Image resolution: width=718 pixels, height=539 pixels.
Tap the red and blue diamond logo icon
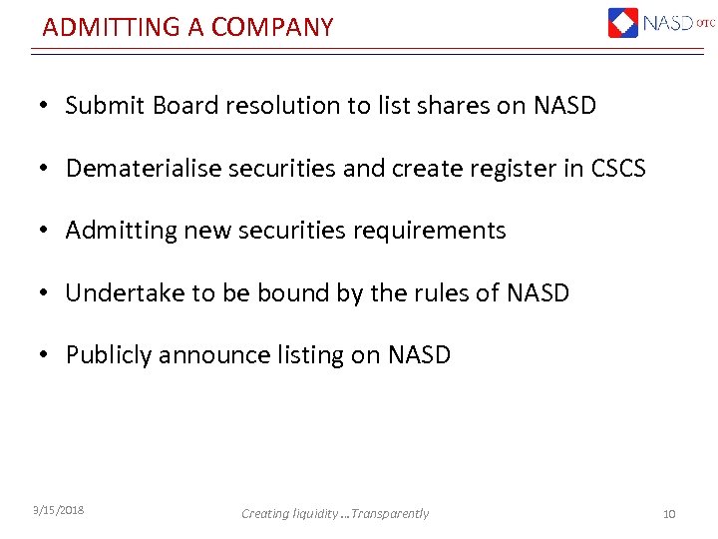tap(622, 22)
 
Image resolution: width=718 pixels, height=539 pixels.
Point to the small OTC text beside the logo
tap(705, 23)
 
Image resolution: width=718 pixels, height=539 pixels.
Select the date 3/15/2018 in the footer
tap(58, 510)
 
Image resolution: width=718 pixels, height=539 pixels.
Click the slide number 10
tap(668, 513)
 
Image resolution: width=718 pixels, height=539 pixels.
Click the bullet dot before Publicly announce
tap(46, 355)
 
